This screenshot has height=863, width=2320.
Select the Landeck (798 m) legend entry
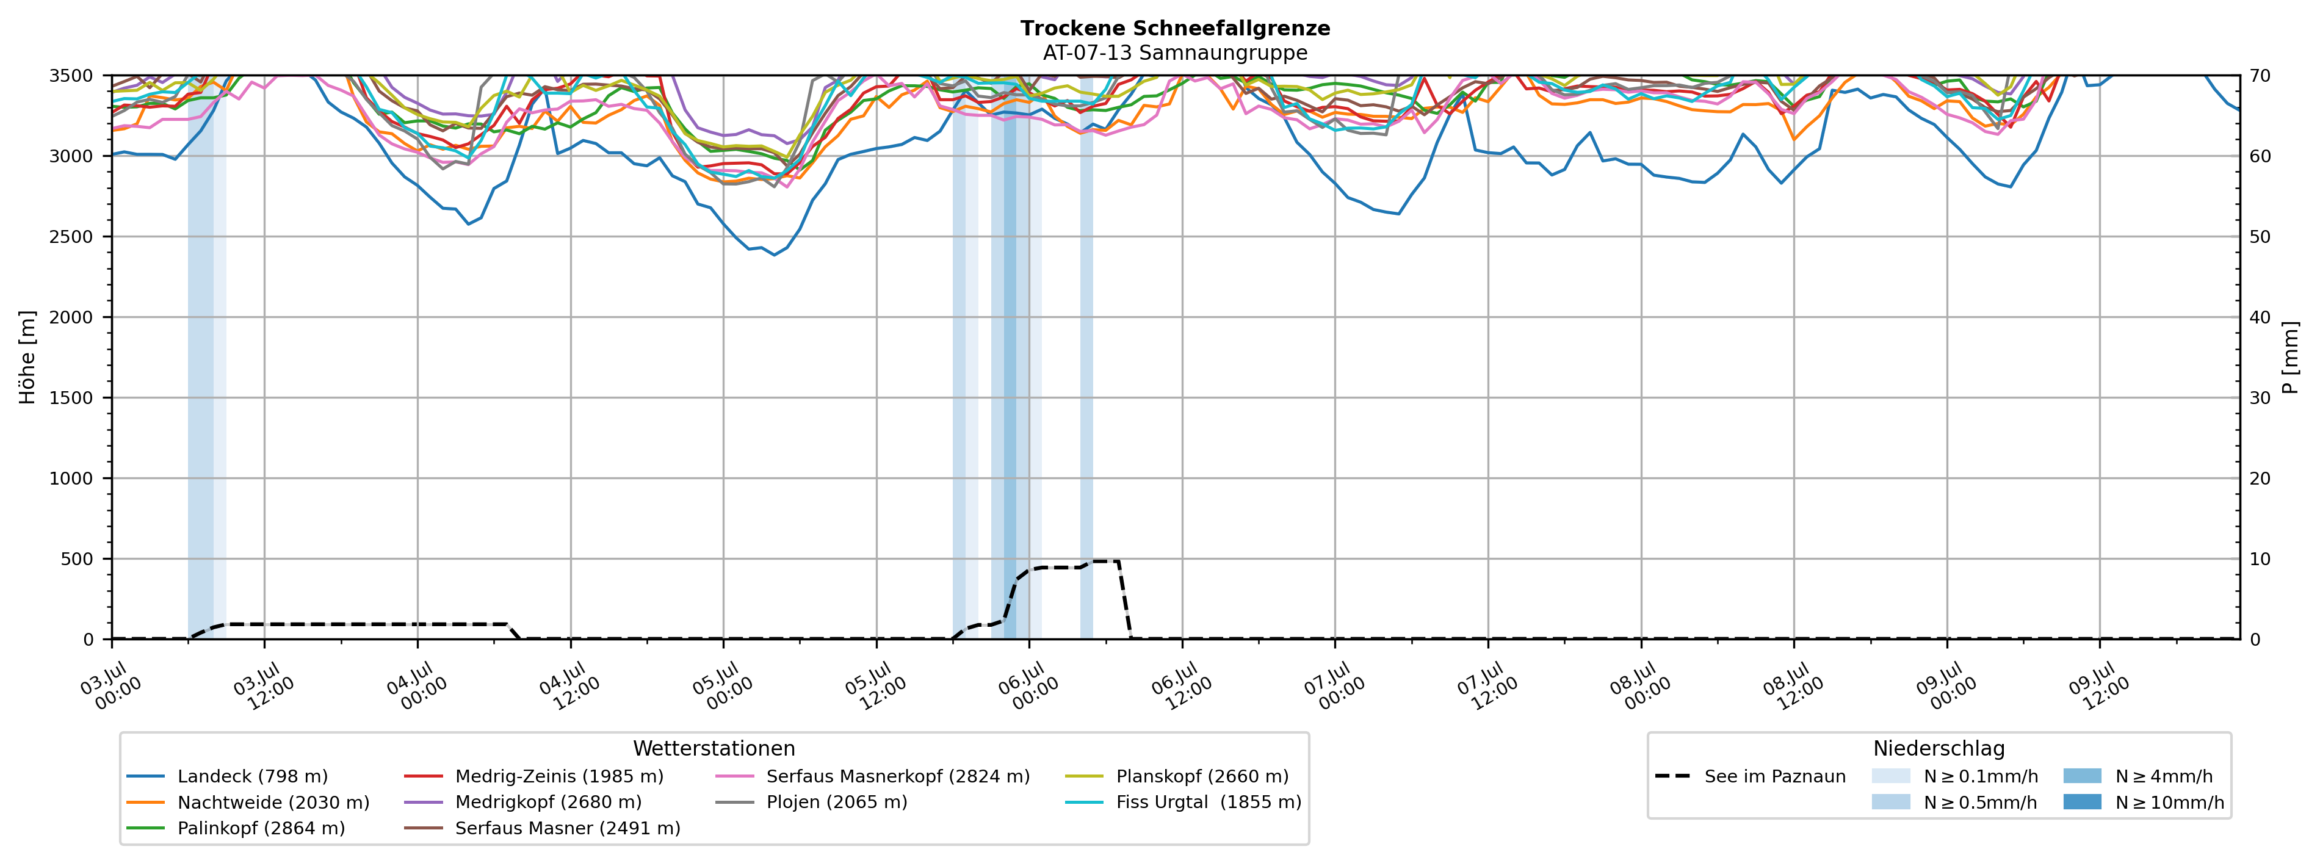click(x=227, y=776)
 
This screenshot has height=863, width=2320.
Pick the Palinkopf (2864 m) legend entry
click(x=236, y=828)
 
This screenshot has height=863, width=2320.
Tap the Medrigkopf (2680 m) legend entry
click(x=522, y=802)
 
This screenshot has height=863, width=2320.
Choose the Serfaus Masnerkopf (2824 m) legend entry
click(x=872, y=776)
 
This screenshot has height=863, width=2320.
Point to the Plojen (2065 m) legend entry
click(x=811, y=802)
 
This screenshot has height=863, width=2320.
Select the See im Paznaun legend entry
click(x=1750, y=776)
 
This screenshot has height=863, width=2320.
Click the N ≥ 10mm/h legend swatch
click(x=2082, y=802)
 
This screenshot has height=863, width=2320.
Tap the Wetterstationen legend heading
click(x=714, y=749)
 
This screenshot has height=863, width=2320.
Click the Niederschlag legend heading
click(x=1939, y=749)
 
